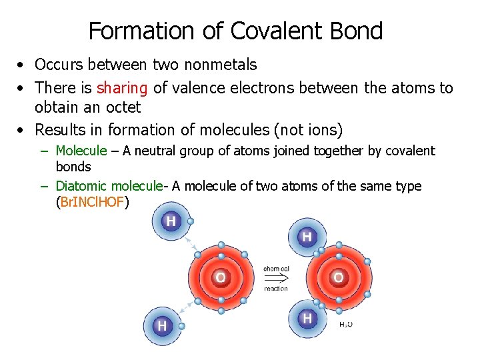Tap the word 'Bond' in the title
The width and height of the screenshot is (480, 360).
[359, 31]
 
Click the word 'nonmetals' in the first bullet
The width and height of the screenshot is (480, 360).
[223, 65]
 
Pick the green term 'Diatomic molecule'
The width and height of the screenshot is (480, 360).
[109, 186]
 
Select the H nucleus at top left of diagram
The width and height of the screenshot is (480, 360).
[171, 221]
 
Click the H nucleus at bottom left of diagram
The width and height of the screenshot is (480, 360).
[161, 325]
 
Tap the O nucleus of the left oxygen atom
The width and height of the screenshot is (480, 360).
[220, 277]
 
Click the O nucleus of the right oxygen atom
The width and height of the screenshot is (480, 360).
[338, 277]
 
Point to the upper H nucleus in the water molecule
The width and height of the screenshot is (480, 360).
[307, 236]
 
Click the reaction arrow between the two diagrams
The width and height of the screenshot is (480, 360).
[276, 278]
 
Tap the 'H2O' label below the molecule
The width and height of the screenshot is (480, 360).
[346, 325]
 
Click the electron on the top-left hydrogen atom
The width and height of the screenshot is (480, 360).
[191, 221]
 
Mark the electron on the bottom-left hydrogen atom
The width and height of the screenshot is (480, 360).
[181, 326]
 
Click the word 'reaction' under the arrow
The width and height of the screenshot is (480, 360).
[276, 288]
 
